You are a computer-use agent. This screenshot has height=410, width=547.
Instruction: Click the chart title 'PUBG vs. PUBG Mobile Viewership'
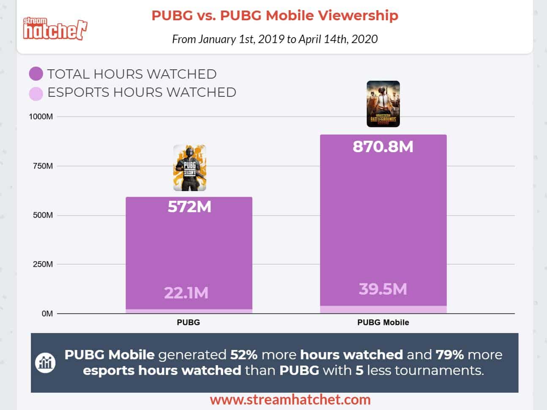[275, 16]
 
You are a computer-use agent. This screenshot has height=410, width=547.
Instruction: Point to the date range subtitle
[275, 39]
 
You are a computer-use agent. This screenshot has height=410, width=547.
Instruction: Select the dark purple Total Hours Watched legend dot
[36, 74]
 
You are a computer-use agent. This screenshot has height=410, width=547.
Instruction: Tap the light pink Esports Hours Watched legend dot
[36, 93]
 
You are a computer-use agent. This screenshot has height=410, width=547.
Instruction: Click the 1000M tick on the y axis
[41, 117]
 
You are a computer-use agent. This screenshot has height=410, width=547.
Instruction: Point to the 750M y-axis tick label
[43, 166]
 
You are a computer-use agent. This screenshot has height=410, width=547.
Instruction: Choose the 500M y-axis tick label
[43, 215]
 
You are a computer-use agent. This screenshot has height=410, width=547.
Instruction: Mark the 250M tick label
[43, 265]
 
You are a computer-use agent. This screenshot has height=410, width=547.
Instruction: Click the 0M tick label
[47, 314]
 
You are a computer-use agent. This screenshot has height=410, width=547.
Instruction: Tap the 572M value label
[189, 207]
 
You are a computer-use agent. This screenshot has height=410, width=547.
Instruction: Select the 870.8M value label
[383, 147]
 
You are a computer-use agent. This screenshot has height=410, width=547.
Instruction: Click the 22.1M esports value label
[186, 292]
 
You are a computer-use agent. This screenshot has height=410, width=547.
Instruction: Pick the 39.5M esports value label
[383, 289]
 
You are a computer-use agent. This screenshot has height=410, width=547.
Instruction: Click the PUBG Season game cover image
[189, 168]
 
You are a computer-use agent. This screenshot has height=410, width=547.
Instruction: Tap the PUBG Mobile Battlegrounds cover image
[383, 104]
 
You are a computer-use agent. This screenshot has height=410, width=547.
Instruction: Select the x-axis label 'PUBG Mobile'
[383, 323]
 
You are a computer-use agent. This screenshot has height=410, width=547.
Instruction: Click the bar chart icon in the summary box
[45, 362]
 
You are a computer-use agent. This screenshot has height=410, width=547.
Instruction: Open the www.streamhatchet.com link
[290, 399]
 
